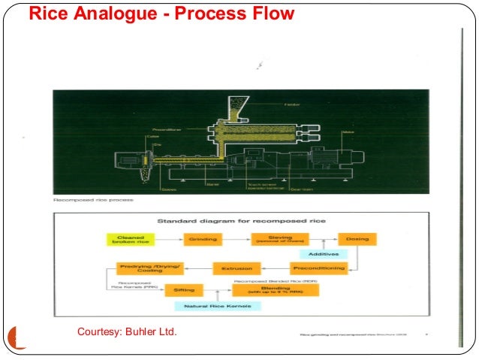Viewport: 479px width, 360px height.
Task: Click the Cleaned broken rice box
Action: coord(129,239)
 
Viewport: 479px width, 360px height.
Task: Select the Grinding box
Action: coord(203,239)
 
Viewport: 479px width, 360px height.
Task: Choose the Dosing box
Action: coord(357,239)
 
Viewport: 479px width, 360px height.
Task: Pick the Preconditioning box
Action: coord(317,268)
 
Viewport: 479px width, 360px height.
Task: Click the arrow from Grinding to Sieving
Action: coord(238,239)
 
